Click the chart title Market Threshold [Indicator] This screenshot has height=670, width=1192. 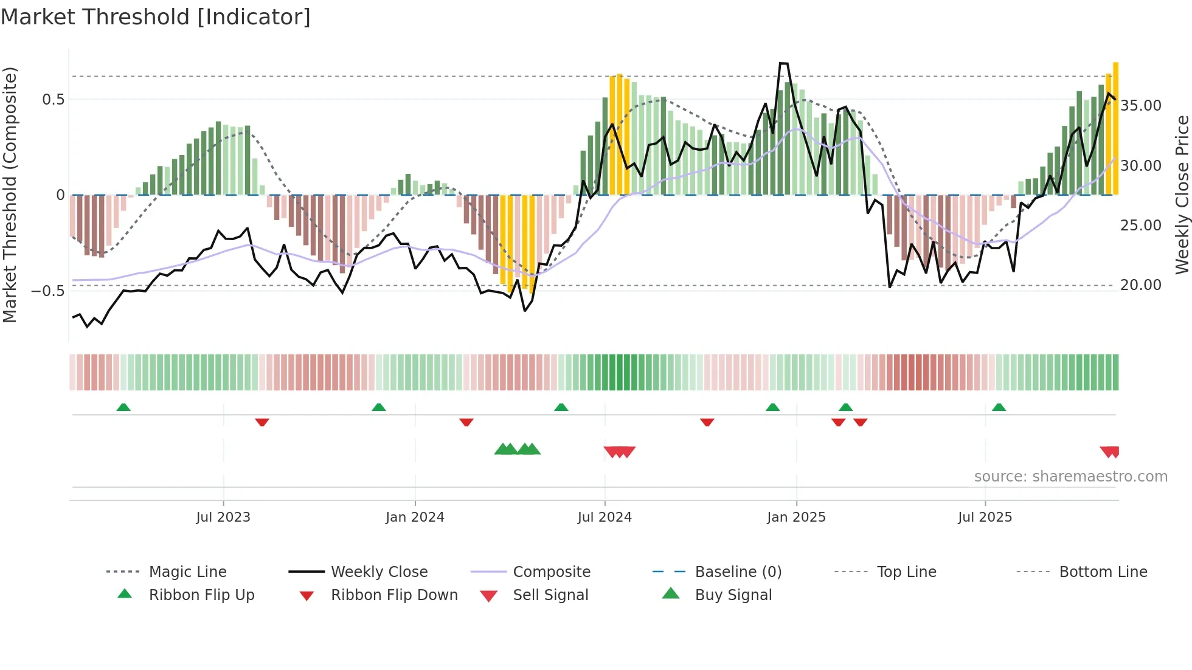[156, 17]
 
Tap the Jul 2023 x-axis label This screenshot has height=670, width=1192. [223, 517]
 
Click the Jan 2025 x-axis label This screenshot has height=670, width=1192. [796, 517]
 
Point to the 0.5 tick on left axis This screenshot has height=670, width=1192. [53, 99]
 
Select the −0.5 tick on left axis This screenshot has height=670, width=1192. [47, 291]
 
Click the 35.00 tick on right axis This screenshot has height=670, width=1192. [1141, 106]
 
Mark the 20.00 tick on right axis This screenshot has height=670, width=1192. [1141, 285]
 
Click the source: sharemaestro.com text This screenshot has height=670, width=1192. [1070, 476]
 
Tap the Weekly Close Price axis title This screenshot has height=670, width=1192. [1182, 195]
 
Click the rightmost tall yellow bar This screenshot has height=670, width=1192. [1115, 128]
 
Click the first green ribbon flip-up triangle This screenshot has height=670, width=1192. [123, 407]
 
